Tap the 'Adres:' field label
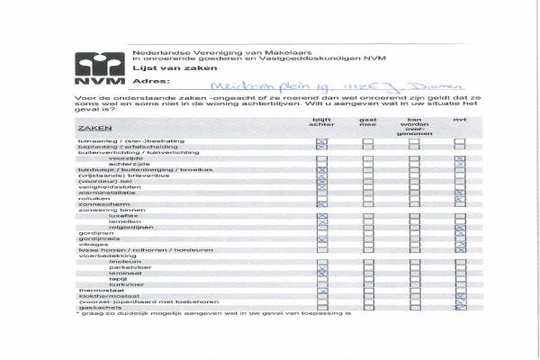pos(149,82)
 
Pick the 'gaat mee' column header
pos(367,122)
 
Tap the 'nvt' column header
pos(459,121)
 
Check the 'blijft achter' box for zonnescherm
pos(321,204)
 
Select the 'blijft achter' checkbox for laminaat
pos(321,273)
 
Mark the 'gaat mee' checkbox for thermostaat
pos(367,290)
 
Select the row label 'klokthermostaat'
pos(103,295)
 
